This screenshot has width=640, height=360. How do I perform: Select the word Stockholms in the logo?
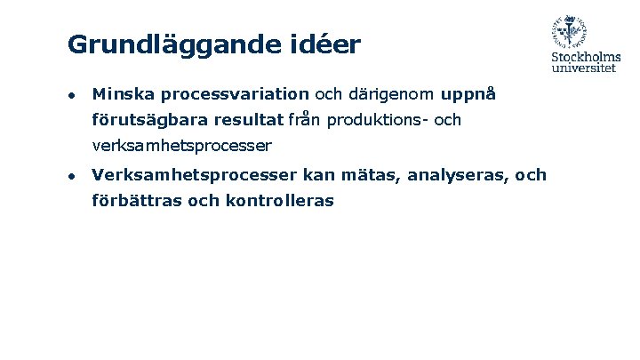coord(586,59)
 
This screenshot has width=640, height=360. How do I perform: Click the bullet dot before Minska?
coord(73,94)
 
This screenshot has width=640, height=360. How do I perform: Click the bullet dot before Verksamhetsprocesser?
coord(73,176)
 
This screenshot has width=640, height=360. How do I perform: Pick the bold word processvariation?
coord(235,93)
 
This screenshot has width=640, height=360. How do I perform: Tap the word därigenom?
coord(392,93)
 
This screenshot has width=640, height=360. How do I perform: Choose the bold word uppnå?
coord(468,93)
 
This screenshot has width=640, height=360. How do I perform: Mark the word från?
coord(304,120)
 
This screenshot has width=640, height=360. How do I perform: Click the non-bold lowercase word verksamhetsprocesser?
coord(182,145)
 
